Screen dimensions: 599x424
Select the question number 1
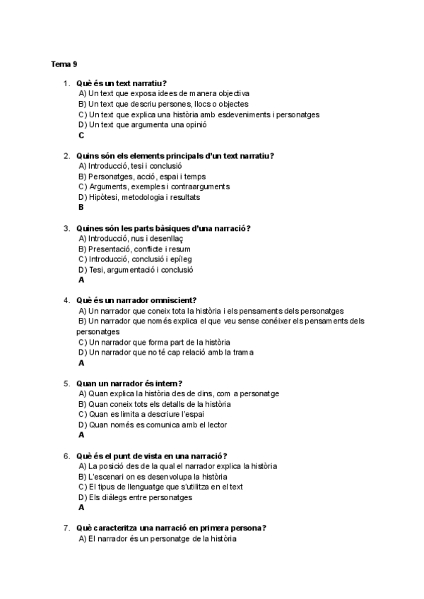coord(66,83)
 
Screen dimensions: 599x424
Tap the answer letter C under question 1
coord(81,135)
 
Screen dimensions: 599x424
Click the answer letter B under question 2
coord(81,208)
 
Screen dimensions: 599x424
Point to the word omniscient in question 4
coord(174,300)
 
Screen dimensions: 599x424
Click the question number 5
coord(66,384)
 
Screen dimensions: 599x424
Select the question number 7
coord(66,528)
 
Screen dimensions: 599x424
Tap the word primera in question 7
coord(206,528)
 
